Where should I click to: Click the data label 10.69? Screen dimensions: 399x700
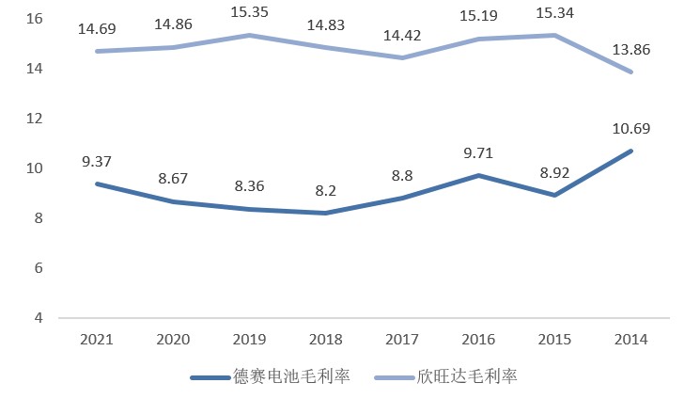tap(630, 129)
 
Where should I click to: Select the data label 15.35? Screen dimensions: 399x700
tap(249, 13)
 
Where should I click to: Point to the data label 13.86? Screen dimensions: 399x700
tap(630, 49)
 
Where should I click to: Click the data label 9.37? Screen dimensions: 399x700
tap(97, 162)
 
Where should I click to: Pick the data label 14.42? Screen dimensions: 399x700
tap(401, 36)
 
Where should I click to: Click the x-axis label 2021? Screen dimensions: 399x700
tap(97, 340)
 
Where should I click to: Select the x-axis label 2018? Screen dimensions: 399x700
tap(325, 340)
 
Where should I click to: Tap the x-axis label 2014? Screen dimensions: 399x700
tap(630, 340)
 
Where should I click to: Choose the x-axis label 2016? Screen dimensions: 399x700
tap(477, 340)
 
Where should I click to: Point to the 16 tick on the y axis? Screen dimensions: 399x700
tap(34, 19)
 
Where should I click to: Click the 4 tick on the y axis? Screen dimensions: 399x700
tap(38, 318)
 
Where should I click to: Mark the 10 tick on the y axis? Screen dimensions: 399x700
tap(34, 168)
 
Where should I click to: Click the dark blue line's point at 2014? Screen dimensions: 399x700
tap(630, 151)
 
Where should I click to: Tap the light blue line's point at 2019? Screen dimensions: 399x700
tap(249, 35)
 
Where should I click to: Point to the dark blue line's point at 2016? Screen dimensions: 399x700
tap(477, 175)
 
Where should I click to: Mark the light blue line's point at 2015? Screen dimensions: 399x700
tap(553, 35)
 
